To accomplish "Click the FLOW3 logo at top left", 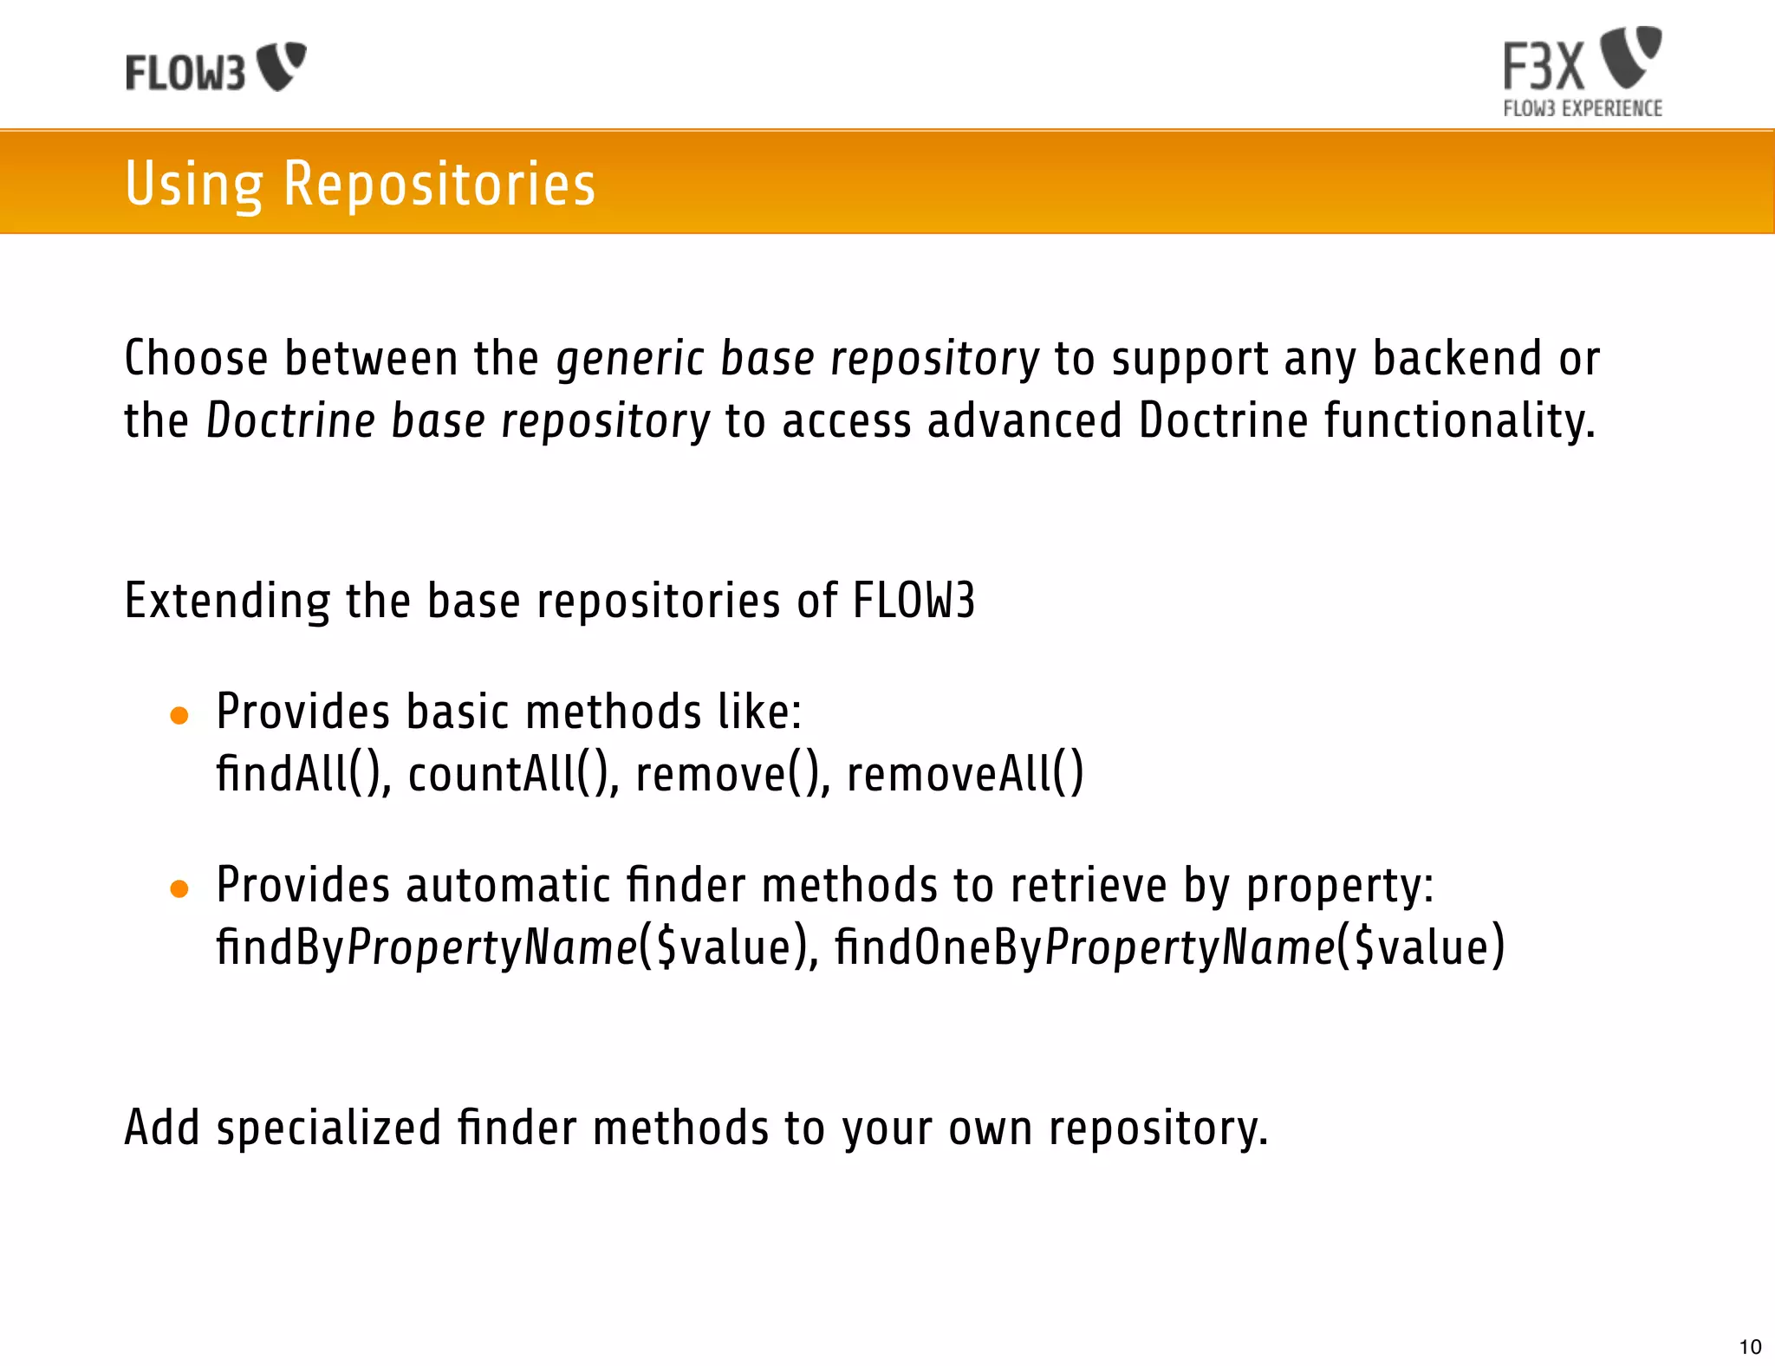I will click(x=216, y=68).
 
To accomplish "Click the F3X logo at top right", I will click(x=1582, y=61).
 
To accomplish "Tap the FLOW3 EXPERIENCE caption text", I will click(x=1583, y=108).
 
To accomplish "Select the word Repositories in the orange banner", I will click(x=439, y=184).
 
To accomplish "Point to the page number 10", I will click(x=1750, y=1347).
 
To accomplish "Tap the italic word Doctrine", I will click(x=290, y=421).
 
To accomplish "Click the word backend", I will click(x=1457, y=359).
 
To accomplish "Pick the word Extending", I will click(x=227, y=601).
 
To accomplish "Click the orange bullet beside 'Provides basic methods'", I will click(x=179, y=716).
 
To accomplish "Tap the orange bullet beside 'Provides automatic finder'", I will click(x=179, y=889).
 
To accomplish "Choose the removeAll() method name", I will click(x=965, y=774).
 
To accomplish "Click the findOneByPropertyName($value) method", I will click(x=1169, y=946).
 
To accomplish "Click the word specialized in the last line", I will click(x=328, y=1129).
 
